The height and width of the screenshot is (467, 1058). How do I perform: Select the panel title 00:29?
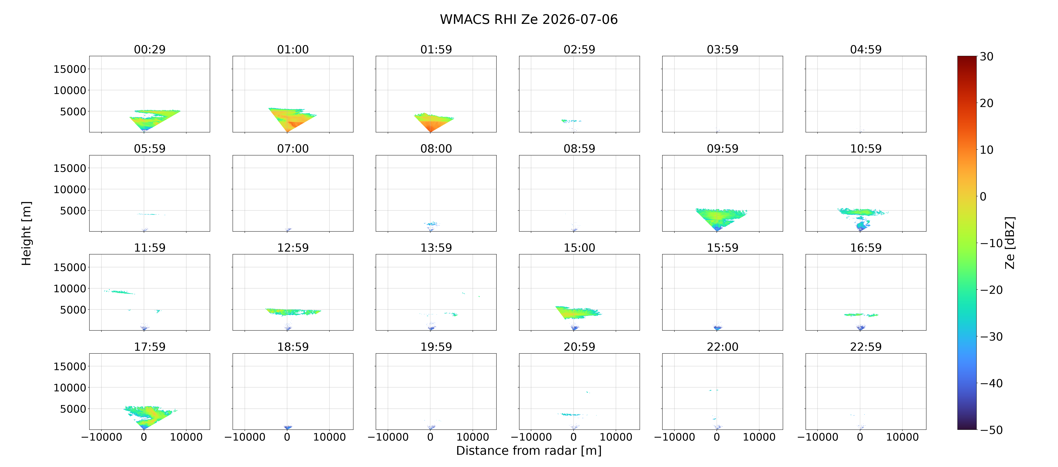click(x=150, y=49)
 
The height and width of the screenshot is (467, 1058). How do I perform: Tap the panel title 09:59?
click(x=722, y=148)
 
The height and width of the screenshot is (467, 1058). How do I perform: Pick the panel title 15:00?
click(x=579, y=247)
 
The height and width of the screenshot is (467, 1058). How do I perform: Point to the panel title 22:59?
click(x=866, y=347)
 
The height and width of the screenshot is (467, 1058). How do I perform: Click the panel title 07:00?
click(x=293, y=148)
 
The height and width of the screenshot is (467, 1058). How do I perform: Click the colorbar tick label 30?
click(x=987, y=57)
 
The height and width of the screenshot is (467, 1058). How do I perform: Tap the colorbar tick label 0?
click(x=983, y=197)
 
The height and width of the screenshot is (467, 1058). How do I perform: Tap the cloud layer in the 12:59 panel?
click(x=293, y=312)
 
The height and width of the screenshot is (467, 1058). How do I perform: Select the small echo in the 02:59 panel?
click(x=571, y=121)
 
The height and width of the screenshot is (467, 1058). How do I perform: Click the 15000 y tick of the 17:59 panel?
click(x=70, y=366)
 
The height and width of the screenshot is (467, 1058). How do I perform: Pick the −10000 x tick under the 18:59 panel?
click(x=245, y=437)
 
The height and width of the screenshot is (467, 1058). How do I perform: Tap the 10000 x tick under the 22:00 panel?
click(x=759, y=437)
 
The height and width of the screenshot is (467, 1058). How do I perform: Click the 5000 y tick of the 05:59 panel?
click(x=73, y=210)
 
